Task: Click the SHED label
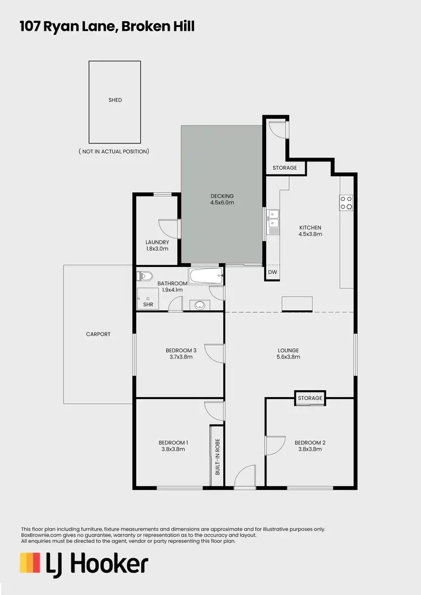click(x=115, y=100)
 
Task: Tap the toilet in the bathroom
click(x=145, y=276)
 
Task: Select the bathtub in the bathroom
click(x=206, y=275)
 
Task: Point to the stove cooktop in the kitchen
click(x=346, y=202)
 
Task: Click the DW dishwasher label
click(x=272, y=272)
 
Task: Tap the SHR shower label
click(x=148, y=305)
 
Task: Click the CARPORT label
click(x=98, y=334)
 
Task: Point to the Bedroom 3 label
click(x=181, y=350)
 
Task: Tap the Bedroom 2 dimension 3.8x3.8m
click(x=310, y=449)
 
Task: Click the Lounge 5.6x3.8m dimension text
click(x=288, y=357)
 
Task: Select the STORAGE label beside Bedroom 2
click(x=310, y=398)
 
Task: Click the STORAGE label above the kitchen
click(x=285, y=168)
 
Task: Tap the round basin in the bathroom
click(x=200, y=305)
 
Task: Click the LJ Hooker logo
click(x=84, y=564)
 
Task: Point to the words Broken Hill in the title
click(x=160, y=26)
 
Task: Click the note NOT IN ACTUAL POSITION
click(x=114, y=151)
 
